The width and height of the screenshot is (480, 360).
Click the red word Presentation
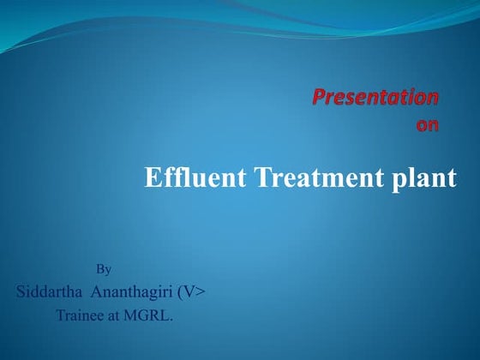[x=375, y=97]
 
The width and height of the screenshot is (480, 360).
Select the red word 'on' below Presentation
[x=427, y=125]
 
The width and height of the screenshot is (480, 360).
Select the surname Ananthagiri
[x=133, y=292]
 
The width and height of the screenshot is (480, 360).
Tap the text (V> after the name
[x=191, y=291]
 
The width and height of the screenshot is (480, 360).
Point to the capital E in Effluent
[x=152, y=178]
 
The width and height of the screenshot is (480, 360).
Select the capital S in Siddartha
[x=21, y=291]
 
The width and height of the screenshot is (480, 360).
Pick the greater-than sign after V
[x=200, y=292]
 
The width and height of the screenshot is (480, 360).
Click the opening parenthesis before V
[x=179, y=291]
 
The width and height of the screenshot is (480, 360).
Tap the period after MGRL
[x=171, y=319]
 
